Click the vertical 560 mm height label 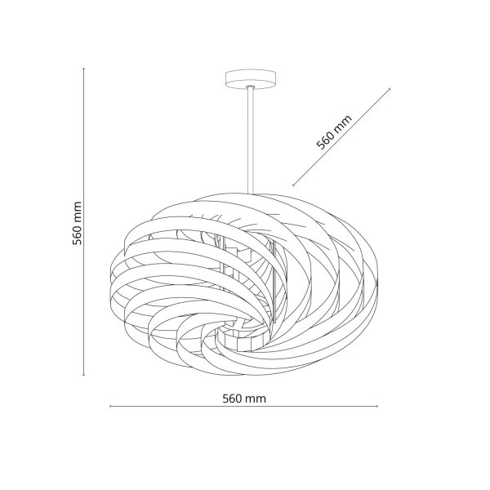(x=78, y=223)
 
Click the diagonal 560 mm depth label (x=334, y=131)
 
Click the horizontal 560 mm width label (x=244, y=399)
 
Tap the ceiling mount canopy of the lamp (x=251, y=79)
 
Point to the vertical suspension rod (x=251, y=140)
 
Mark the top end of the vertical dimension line (x=83, y=69)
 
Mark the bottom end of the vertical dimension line (x=83, y=375)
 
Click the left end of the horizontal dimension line (x=110, y=406)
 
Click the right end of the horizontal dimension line (x=377, y=406)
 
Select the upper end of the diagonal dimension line (x=390, y=89)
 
